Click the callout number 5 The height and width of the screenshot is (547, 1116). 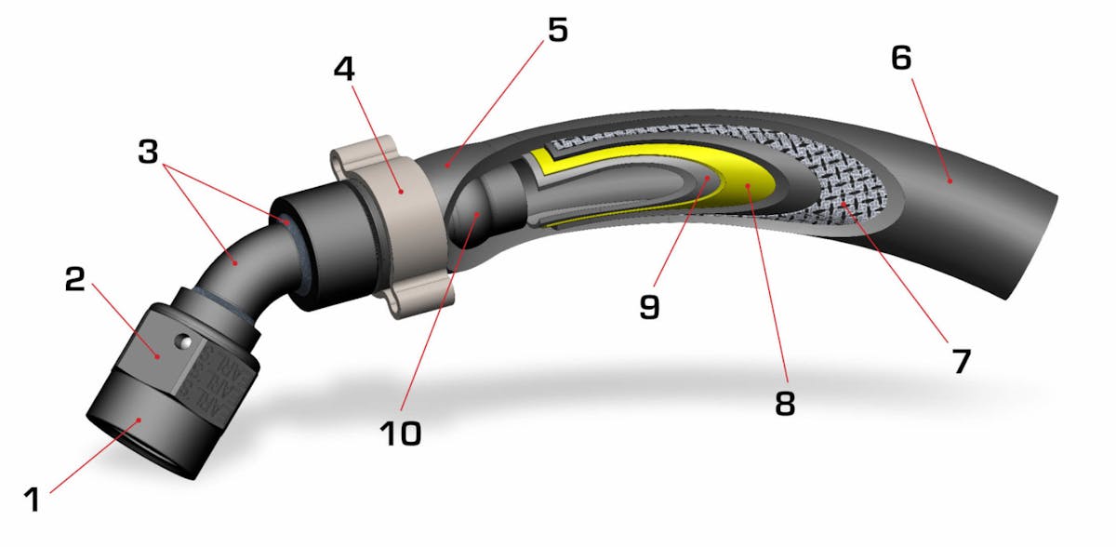tap(556, 30)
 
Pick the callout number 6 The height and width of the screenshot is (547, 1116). tap(900, 59)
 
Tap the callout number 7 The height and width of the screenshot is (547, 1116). tap(961, 360)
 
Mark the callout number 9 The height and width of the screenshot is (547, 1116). tap(649, 305)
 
